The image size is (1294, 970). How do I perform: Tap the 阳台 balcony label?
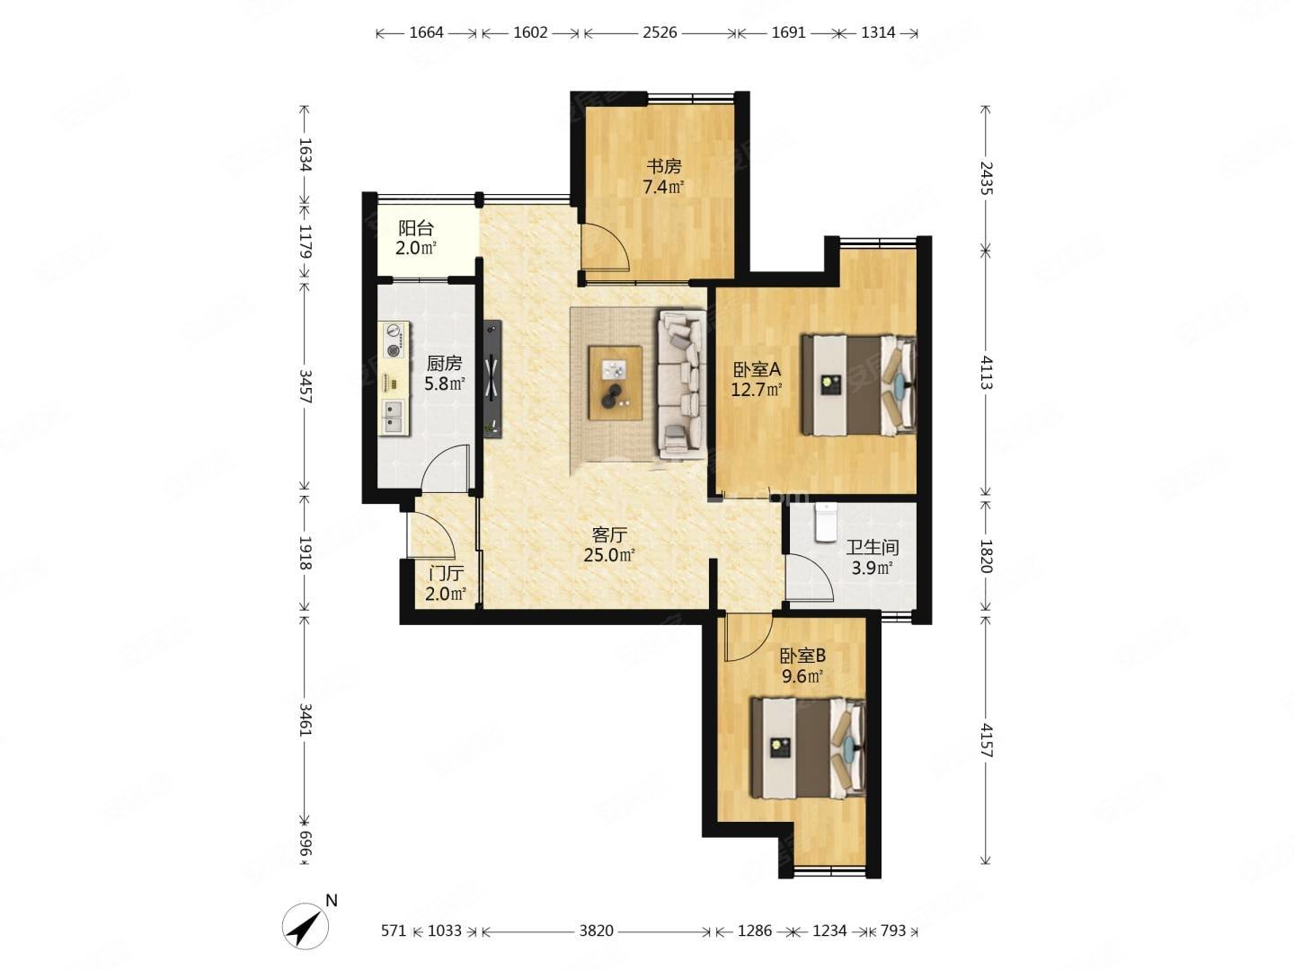coord(416,238)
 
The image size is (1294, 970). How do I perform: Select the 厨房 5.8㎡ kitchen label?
coord(445,374)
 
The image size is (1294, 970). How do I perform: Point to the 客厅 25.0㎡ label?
coord(609,545)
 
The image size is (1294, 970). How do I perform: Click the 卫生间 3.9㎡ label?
coord(872,558)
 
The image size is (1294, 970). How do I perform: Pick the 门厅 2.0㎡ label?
coord(446,583)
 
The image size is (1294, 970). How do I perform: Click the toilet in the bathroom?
coord(825,522)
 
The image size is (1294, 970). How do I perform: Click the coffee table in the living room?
coord(615,383)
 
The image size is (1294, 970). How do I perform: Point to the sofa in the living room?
coord(681,385)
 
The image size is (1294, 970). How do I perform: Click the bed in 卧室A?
coord(858,385)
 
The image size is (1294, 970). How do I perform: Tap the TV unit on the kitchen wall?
coord(492,379)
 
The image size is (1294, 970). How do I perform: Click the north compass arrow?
coord(306,926)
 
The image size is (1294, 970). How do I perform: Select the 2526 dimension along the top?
coord(660,32)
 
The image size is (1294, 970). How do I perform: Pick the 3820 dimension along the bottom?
coord(596,930)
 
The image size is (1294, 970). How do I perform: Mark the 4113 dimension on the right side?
coord(985,371)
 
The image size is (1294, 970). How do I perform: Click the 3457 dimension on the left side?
coord(306,386)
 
